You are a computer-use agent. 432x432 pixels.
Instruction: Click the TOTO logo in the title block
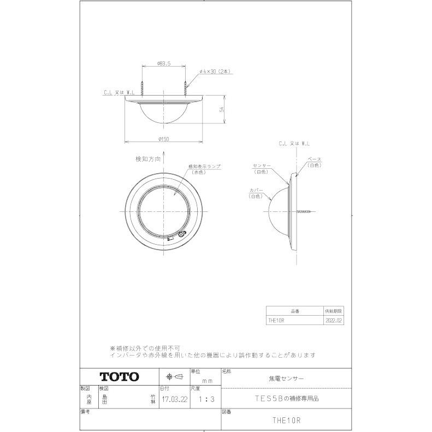point(119,377)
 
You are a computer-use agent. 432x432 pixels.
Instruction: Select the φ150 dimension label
point(163,139)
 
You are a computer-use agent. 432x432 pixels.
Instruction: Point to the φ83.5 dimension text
point(163,63)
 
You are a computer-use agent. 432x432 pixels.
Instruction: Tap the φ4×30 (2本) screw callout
point(215,72)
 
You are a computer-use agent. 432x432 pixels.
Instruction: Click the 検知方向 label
point(148,159)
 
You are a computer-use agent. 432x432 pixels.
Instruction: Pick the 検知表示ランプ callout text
point(206,166)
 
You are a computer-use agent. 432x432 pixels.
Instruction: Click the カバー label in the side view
point(256,191)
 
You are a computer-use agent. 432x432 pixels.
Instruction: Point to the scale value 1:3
point(206,399)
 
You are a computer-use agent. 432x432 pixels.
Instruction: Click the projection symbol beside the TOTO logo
point(175,377)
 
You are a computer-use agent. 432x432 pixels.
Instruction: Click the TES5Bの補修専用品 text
point(286,399)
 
